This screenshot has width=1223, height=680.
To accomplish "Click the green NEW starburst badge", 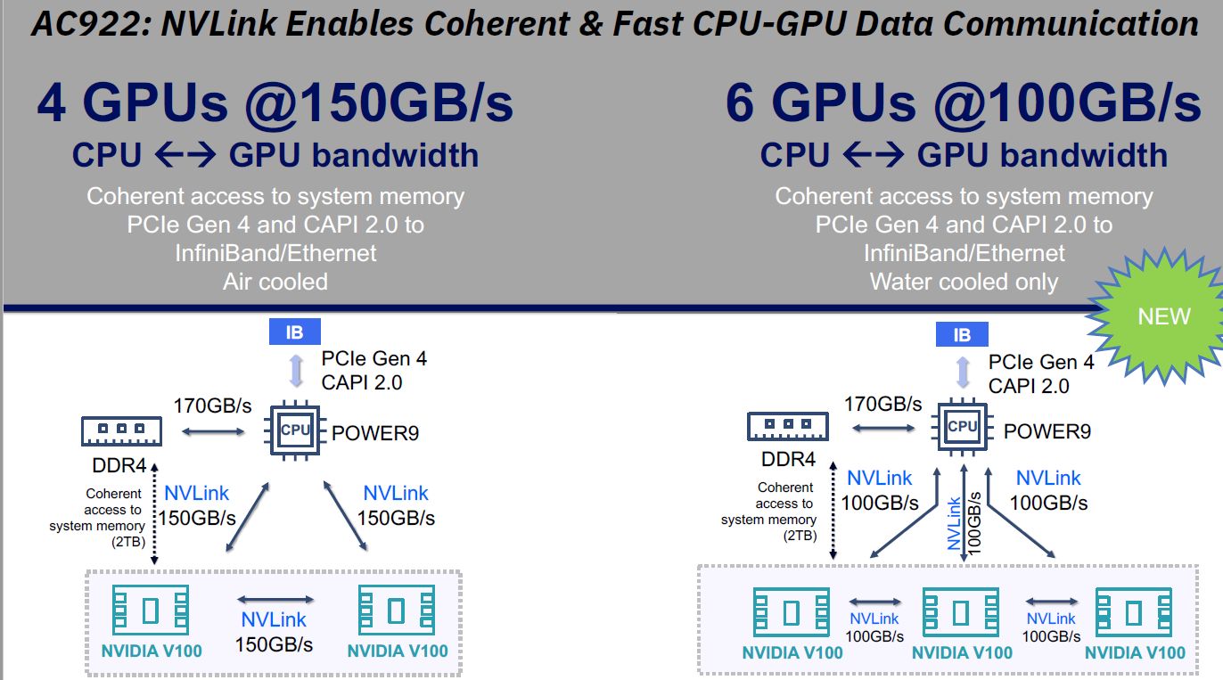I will tap(1162, 317).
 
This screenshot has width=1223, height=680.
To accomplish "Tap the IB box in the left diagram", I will tap(294, 333).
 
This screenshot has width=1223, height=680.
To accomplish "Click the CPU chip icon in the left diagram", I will tap(295, 430).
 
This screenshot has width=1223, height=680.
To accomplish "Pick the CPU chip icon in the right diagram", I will tap(963, 427).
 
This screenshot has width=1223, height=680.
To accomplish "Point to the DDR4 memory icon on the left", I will tap(118, 432).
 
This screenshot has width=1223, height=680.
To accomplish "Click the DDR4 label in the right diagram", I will tap(789, 460).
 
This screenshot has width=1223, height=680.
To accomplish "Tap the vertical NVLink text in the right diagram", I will tap(955, 522).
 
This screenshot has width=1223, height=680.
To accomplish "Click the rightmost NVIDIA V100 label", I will tap(1135, 652).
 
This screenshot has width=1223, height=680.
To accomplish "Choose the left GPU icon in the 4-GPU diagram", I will tap(151, 610).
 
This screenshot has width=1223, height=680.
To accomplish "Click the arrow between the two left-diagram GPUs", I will tap(275, 600).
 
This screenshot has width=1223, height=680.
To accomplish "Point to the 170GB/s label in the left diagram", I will tap(213, 406).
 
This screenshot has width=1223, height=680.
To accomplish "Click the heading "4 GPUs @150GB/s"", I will tap(275, 104).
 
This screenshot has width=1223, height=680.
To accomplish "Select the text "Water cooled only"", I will tap(964, 283).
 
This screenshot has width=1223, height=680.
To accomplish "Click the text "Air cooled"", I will tap(275, 282).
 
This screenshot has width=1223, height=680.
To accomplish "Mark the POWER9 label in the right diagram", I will tap(1047, 431).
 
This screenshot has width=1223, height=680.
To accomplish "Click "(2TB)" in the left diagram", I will tap(128, 540).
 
